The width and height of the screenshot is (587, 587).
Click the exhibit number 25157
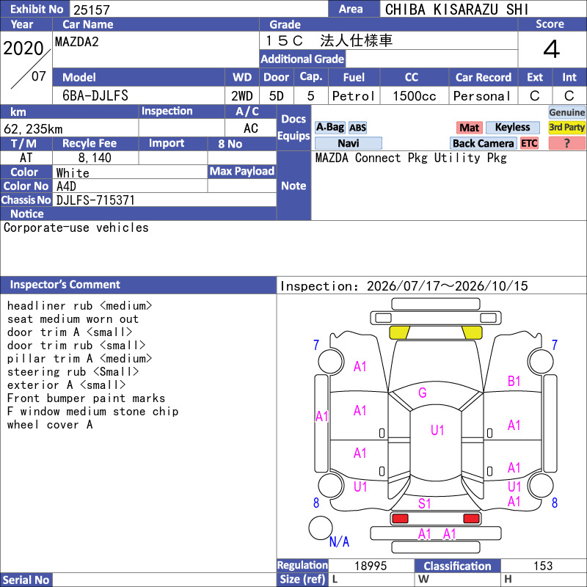[x=92, y=10]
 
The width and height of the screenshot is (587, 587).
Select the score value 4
[x=552, y=49]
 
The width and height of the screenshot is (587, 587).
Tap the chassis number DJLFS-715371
[x=95, y=200]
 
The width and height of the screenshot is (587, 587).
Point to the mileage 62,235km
[x=33, y=129]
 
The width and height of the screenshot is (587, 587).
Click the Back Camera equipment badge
[x=483, y=143]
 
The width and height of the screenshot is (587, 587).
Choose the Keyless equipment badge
[x=512, y=127]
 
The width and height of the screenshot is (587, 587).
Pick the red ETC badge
[x=529, y=143]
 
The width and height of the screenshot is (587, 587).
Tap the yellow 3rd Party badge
[x=566, y=127]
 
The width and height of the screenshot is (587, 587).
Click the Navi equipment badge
[x=348, y=143]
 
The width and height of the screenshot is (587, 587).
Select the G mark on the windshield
[x=423, y=393]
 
